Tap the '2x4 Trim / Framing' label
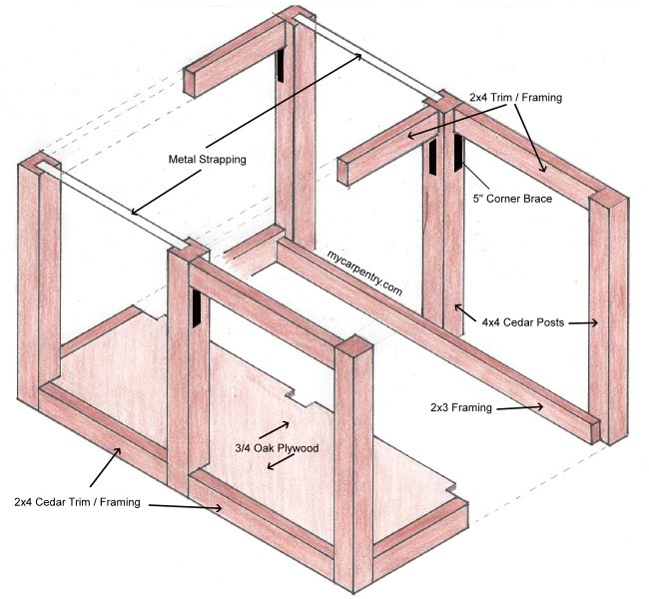click(x=515, y=98)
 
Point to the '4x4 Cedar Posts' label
click(x=522, y=322)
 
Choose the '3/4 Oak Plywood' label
click(x=277, y=448)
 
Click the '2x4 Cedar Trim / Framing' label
click(x=78, y=500)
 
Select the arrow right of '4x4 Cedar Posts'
click(x=584, y=322)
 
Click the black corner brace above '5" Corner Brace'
click(x=460, y=153)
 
